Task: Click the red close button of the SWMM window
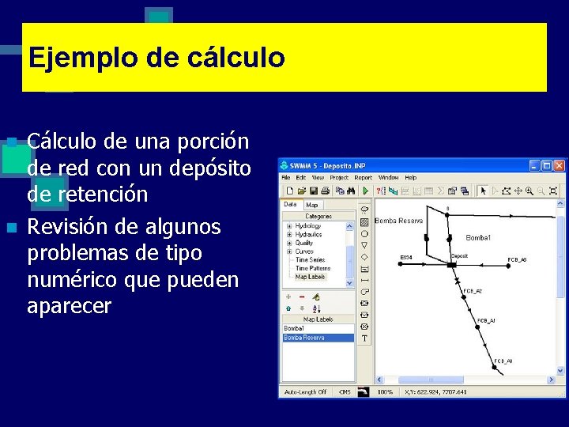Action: pyautogui.click(x=559, y=166)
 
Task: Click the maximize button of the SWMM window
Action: pyautogui.click(x=546, y=166)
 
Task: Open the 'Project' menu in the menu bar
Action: pyautogui.click(x=341, y=178)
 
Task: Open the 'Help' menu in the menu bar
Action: pyautogui.click(x=411, y=178)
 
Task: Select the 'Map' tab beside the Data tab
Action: pyautogui.click(x=312, y=205)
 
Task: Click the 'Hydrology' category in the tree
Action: pyautogui.click(x=307, y=225)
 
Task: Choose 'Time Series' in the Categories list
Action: pyautogui.click(x=310, y=259)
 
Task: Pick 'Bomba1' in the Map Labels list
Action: pyautogui.click(x=294, y=327)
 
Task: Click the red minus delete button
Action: pyautogui.click(x=302, y=297)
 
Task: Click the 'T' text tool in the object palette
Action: pyautogui.click(x=364, y=338)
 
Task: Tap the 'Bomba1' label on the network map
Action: pyautogui.click(x=477, y=237)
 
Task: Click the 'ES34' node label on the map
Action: pyautogui.click(x=406, y=257)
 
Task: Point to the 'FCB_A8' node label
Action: pyautogui.click(x=517, y=259)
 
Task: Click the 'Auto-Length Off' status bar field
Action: pyautogui.click(x=307, y=391)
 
